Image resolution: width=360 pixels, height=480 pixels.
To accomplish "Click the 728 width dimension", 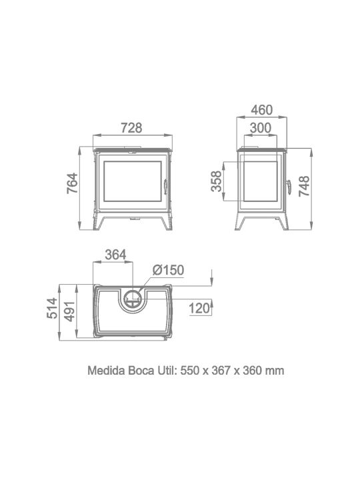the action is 131,127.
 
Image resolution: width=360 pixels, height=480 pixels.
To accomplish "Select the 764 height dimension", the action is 73,183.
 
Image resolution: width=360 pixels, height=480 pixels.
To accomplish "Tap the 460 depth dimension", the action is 262,110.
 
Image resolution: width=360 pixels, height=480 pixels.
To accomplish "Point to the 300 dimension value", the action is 261,128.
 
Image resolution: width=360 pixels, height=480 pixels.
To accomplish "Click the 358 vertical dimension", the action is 217,181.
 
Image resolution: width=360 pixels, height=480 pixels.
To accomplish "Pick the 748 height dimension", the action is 304,186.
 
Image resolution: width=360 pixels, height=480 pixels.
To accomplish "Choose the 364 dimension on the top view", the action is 115,255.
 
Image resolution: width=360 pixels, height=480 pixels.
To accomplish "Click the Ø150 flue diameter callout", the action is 169,270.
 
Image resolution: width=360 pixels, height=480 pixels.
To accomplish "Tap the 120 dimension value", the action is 199,308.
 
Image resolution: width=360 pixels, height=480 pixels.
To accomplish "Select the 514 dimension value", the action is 53,308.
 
